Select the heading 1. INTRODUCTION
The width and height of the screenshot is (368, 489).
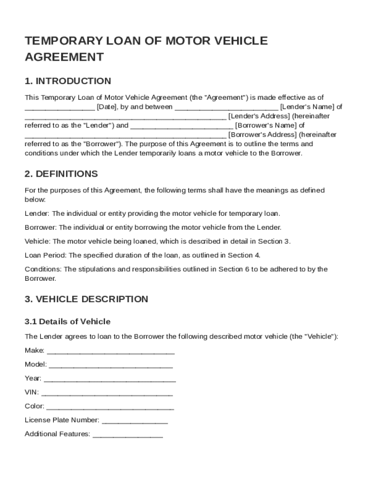(68, 81)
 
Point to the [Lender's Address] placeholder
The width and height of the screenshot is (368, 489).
(259, 116)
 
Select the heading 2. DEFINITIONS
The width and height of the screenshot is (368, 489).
(61, 174)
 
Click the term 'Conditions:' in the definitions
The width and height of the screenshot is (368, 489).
(43, 269)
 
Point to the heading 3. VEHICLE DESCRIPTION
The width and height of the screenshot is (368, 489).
(87, 299)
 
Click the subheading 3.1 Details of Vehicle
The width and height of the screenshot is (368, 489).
(67, 321)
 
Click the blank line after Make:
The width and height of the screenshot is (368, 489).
(111, 351)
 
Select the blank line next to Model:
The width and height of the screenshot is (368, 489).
(111, 365)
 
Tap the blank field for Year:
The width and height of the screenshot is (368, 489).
(110, 379)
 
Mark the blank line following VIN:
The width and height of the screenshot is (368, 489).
(108, 393)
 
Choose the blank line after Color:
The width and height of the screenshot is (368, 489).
(110, 407)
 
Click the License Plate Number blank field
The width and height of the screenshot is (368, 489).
(135, 421)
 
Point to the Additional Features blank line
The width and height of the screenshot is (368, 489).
(128, 435)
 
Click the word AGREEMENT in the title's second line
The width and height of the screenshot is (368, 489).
(64, 57)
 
